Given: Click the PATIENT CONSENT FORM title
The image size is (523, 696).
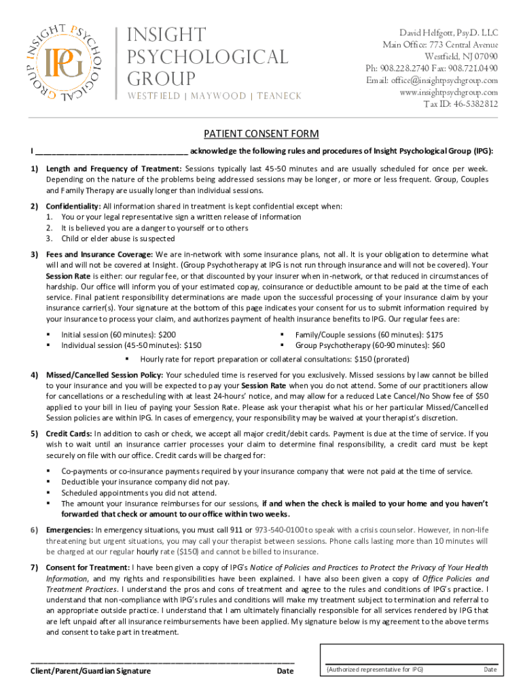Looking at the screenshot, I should [x=261, y=134].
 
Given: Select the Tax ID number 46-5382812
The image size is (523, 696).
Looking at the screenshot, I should [x=469, y=105].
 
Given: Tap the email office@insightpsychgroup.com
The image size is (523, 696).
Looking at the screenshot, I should [x=442, y=80].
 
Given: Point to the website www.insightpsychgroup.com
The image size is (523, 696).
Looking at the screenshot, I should [x=448, y=92].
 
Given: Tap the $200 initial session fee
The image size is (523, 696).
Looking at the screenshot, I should [x=166, y=334].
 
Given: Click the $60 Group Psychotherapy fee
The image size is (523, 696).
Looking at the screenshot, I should [x=438, y=345].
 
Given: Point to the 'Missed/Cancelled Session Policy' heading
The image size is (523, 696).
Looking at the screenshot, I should [x=105, y=375].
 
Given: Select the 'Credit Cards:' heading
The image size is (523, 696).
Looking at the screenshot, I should [x=69, y=433].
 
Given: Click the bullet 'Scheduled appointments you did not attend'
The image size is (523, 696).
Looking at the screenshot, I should [x=139, y=493].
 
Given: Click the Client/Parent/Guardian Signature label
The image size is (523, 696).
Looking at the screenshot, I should [x=90, y=671].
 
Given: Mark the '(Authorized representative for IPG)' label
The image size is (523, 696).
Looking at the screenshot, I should [x=375, y=669].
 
